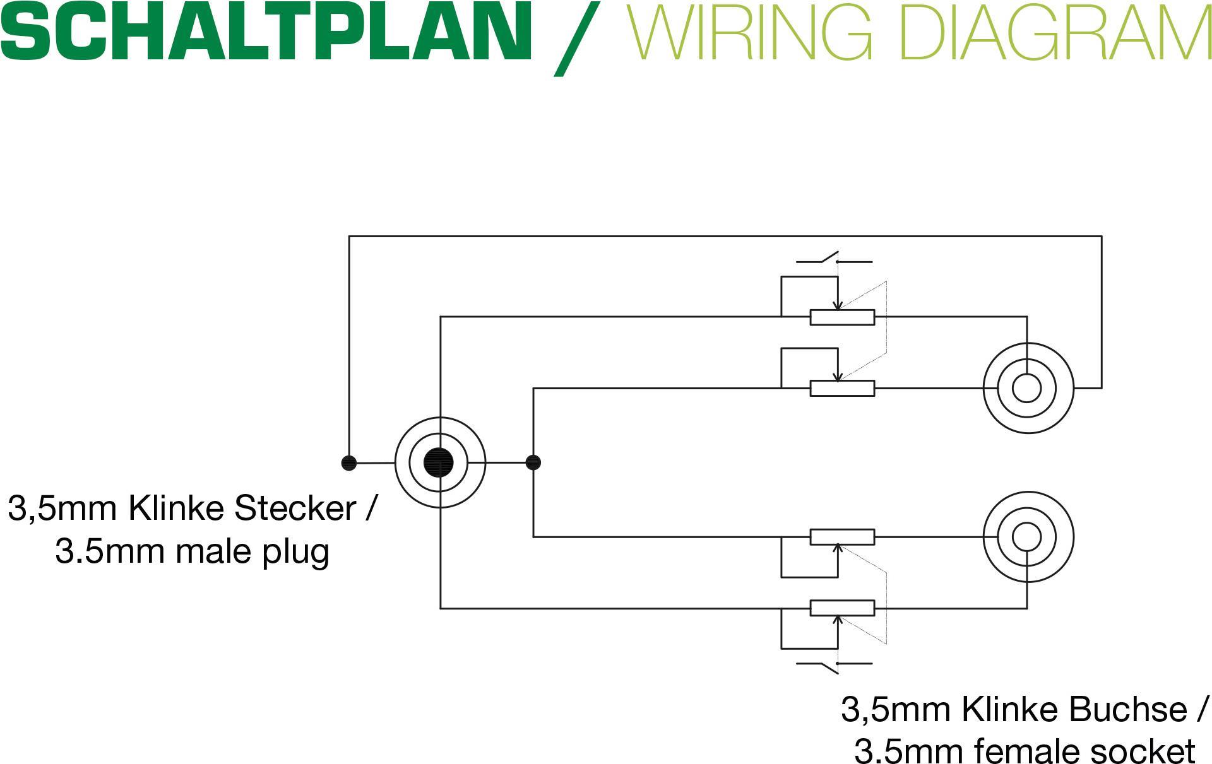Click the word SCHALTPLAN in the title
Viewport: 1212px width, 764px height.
[x=265, y=32]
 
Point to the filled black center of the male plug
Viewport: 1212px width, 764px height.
[x=439, y=462]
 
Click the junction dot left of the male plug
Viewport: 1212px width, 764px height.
[x=348, y=463]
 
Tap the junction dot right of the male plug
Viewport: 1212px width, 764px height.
[x=533, y=462]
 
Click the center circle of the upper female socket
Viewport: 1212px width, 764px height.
[x=1027, y=388]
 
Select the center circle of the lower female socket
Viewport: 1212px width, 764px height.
[x=1027, y=537]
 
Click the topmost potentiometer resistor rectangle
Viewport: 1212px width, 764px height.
[x=842, y=317]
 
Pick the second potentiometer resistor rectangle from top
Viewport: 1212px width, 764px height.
[x=842, y=388]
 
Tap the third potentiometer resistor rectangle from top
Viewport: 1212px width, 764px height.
[x=842, y=537]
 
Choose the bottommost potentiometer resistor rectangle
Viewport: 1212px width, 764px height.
[x=842, y=608]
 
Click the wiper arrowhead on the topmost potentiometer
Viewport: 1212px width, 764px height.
[x=838, y=307]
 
